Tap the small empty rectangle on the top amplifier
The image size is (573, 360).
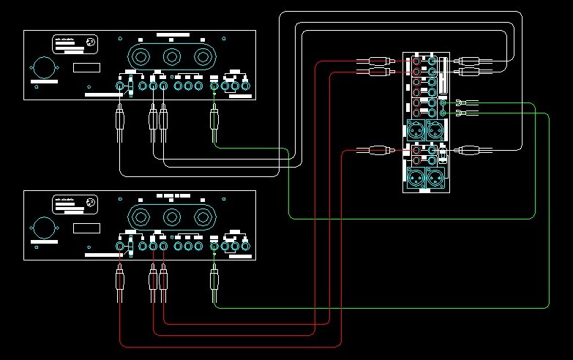point(86,68)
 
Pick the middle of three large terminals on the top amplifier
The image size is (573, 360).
point(172,56)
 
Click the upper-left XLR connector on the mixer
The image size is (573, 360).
point(414,131)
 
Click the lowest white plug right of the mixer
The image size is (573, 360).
point(468,151)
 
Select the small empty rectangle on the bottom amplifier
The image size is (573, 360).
point(86,228)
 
